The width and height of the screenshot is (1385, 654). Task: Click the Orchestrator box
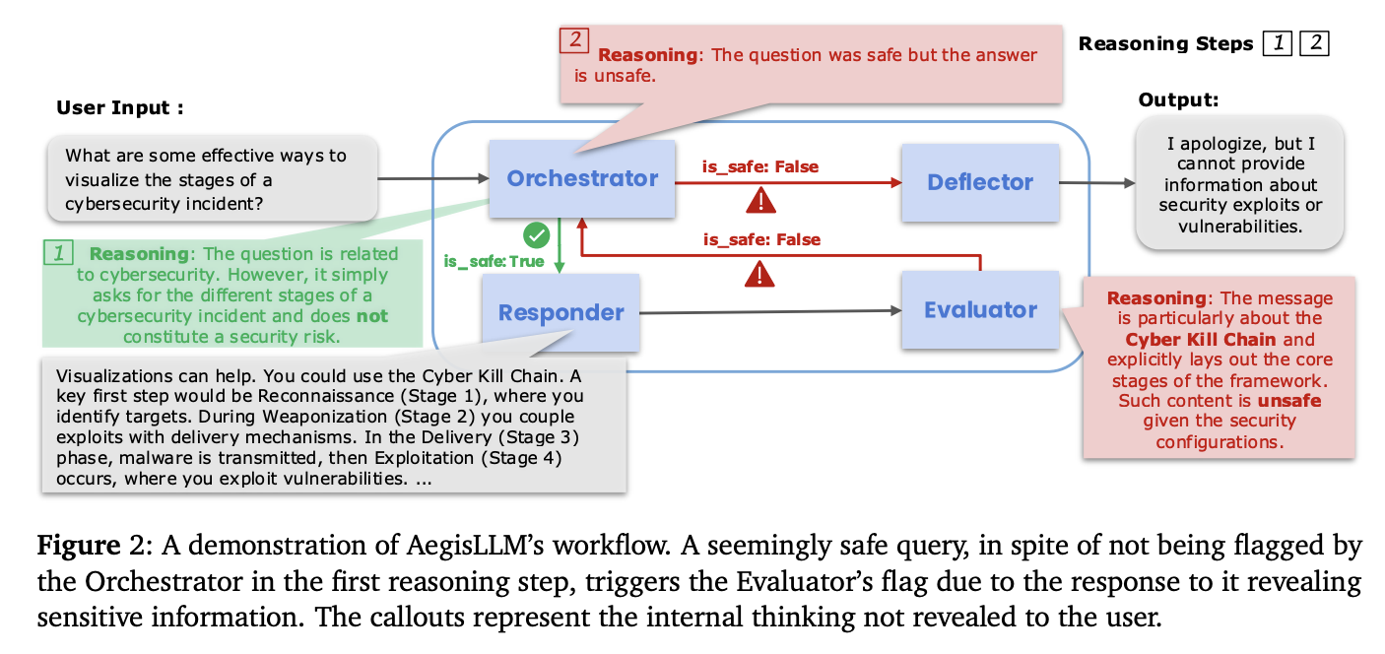581,178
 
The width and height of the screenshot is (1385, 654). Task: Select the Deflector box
980,182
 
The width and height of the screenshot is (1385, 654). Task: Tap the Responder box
561,312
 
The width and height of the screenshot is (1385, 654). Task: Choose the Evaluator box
980,309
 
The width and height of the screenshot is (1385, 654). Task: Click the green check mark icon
536,234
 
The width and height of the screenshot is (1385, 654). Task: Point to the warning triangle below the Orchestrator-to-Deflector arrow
760,202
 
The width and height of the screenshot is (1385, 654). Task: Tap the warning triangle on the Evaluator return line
759,275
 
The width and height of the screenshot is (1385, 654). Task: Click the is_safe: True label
494,261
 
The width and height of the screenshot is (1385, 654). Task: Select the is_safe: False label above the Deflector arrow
759,166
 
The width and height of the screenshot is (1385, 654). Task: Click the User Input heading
120,107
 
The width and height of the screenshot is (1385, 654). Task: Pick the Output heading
1178,100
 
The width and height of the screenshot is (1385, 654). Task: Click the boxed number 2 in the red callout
574,40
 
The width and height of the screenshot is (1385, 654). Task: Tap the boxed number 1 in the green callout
59,253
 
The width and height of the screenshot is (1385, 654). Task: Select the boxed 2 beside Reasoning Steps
1314,43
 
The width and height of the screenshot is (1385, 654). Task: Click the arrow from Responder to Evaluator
770,312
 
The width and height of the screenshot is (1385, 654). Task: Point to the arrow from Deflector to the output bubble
1097,183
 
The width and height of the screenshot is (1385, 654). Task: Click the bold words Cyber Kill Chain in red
1200,340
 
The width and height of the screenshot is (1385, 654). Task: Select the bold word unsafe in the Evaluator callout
1289,401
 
